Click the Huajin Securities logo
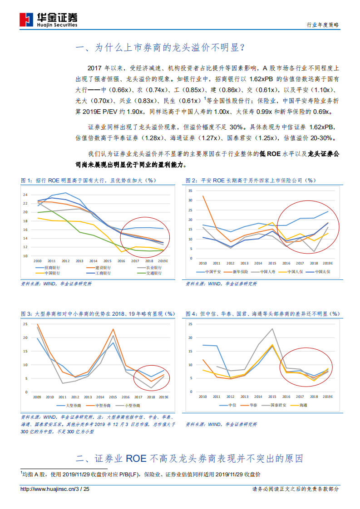[48, 19]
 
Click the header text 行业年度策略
[323, 25]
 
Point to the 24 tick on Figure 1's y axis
[25, 195]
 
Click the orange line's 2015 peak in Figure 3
[113, 329]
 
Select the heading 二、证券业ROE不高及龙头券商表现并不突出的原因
[190, 458]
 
